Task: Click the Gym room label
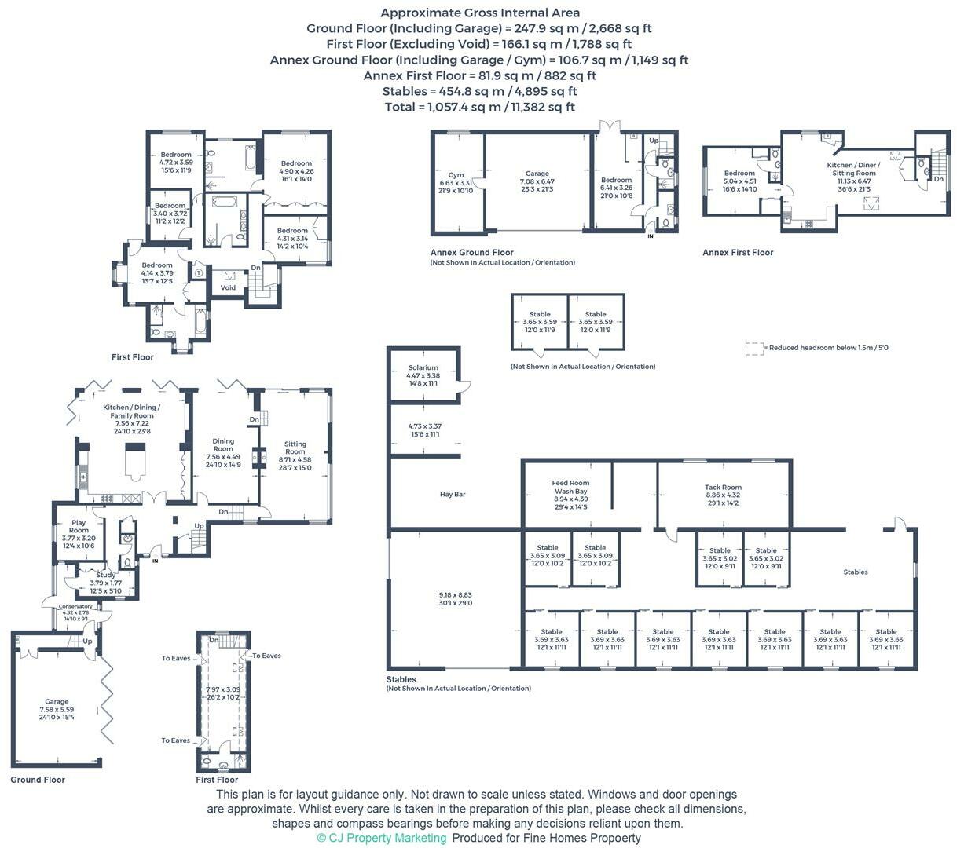pyautogui.click(x=456, y=175)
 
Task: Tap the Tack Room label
pyautogui.click(x=723, y=488)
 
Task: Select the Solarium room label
pyautogui.click(x=423, y=368)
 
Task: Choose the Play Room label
pyautogui.click(x=79, y=522)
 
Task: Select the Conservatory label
pyautogui.click(x=75, y=606)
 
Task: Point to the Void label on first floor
pyautogui.click(x=228, y=287)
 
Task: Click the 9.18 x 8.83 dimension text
pyautogui.click(x=456, y=595)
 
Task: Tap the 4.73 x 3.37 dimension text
pyautogui.click(x=423, y=426)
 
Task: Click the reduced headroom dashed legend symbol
pyautogui.click(x=754, y=348)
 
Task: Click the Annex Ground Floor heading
pyautogui.click(x=471, y=253)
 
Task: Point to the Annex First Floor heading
pyautogui.click(x=738, y=253)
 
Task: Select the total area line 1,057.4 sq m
pyautogui.click(x=479, y=107)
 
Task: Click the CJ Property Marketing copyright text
pyautogui.click(x=382, y=838)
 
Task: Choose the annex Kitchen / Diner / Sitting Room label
pyautogui.click(x=854, y=173)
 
